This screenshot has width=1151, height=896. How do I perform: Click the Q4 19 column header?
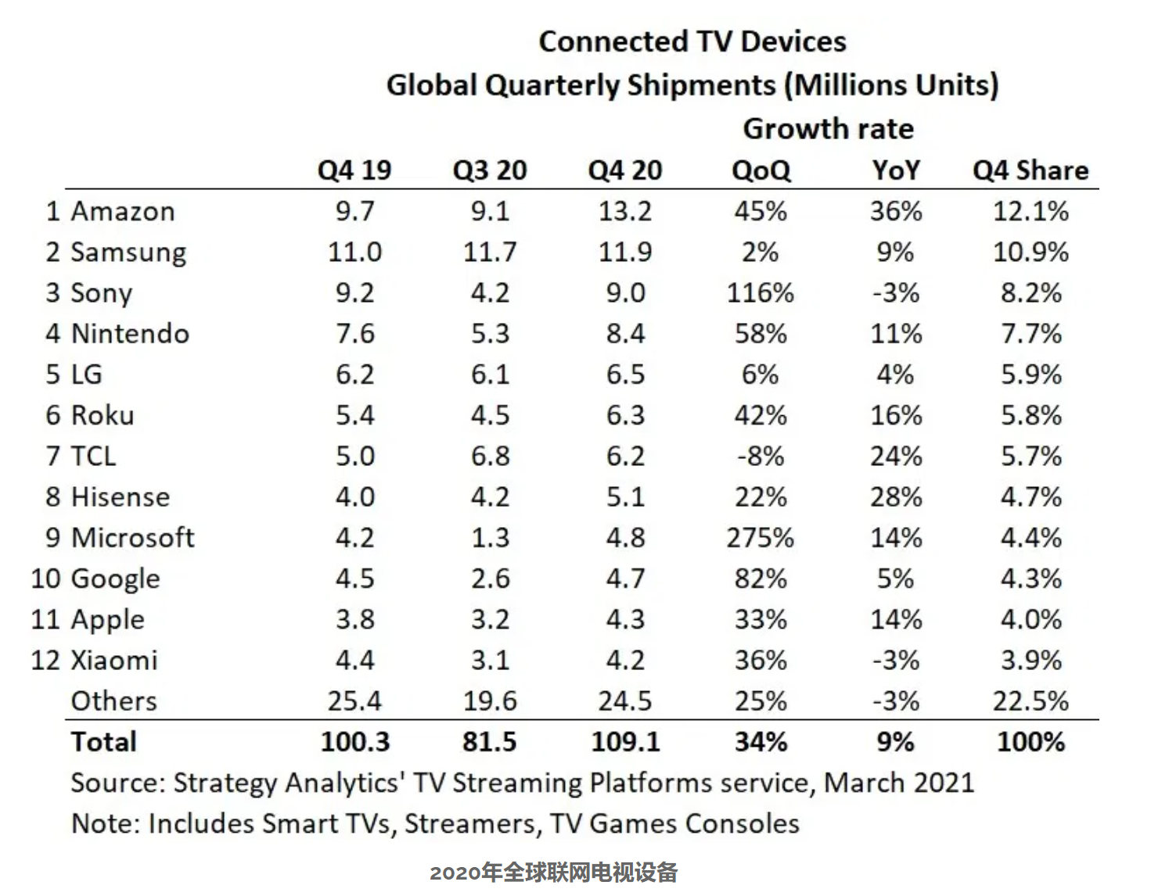(354, 170)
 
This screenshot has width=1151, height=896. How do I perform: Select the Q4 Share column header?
(1031, 170)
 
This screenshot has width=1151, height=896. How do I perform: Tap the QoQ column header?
(761, 170)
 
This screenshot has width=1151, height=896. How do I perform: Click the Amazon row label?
(123, 212)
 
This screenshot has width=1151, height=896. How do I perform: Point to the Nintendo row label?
(130, 334)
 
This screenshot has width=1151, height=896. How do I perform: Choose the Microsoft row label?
(132, 538)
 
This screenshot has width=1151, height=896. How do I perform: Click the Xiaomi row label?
(114, 661)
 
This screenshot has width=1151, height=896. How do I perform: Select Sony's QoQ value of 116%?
(761, 293)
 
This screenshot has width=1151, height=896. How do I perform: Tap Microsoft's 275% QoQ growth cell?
(761, 538)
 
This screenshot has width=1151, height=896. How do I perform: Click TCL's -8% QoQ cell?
(761, 457)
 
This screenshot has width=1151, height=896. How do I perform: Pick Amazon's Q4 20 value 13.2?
(625, 212)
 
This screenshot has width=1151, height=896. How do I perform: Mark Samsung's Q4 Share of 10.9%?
(1031, 253)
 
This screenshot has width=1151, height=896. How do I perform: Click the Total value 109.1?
(625, 742)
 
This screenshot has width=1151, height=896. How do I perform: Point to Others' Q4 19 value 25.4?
(354, 701)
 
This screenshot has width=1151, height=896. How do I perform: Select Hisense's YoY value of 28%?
(896, 497)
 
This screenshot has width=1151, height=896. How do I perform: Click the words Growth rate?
(828, 129)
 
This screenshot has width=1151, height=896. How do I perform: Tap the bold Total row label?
(104, 742)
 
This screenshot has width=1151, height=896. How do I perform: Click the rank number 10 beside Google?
(45, 579)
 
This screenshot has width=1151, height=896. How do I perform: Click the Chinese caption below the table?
(553, 873)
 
